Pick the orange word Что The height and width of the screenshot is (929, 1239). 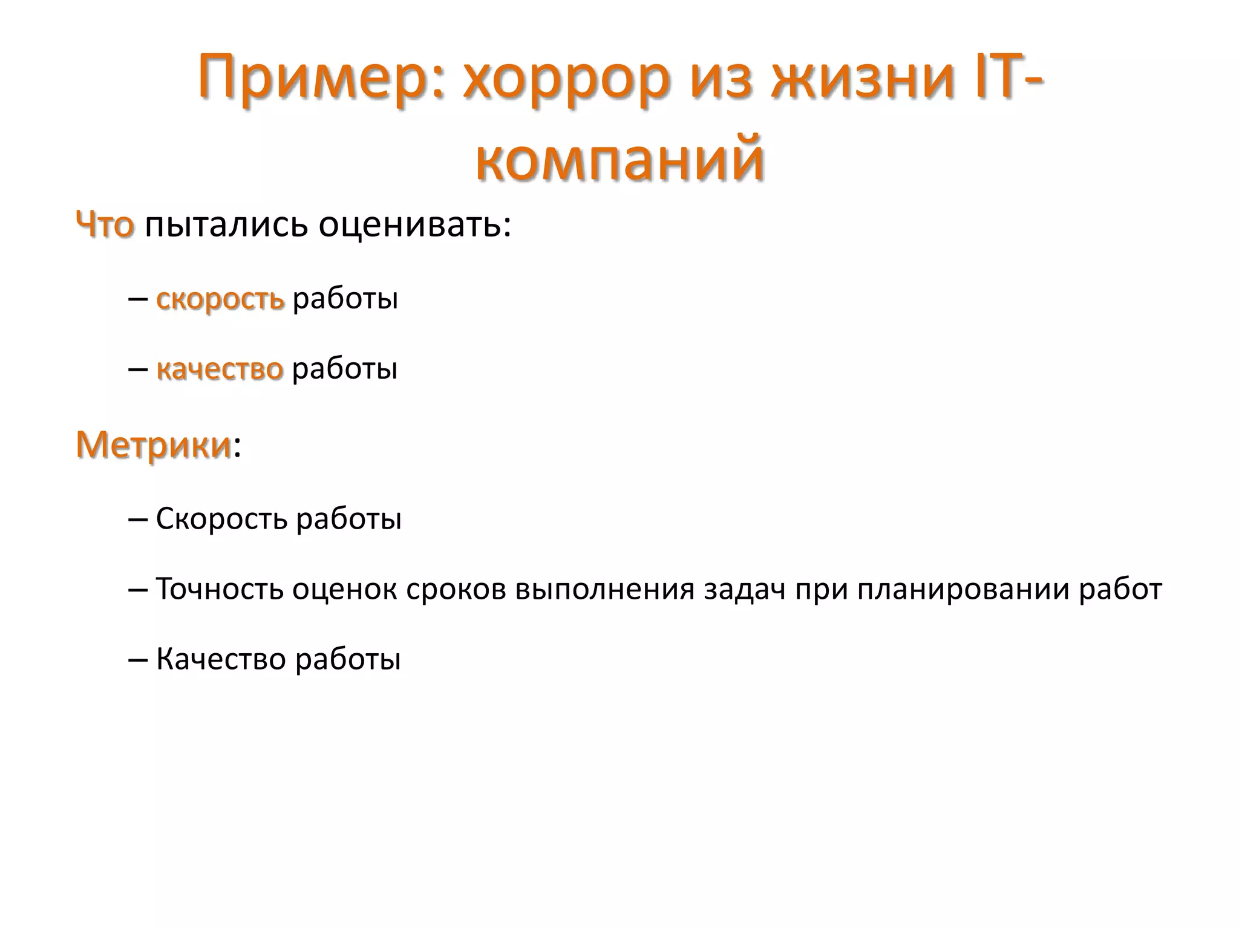[105, 225]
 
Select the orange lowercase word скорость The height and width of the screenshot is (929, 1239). [220, 299]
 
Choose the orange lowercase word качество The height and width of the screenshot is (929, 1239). [220, 369]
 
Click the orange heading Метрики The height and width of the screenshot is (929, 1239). [154, 445]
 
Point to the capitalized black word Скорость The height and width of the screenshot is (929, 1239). [221, 519]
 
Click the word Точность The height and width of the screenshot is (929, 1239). [220, 589]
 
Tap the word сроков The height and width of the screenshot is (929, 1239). [456, 589]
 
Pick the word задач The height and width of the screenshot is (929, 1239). [744, 589]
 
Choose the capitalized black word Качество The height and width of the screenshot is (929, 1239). [221, 659]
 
